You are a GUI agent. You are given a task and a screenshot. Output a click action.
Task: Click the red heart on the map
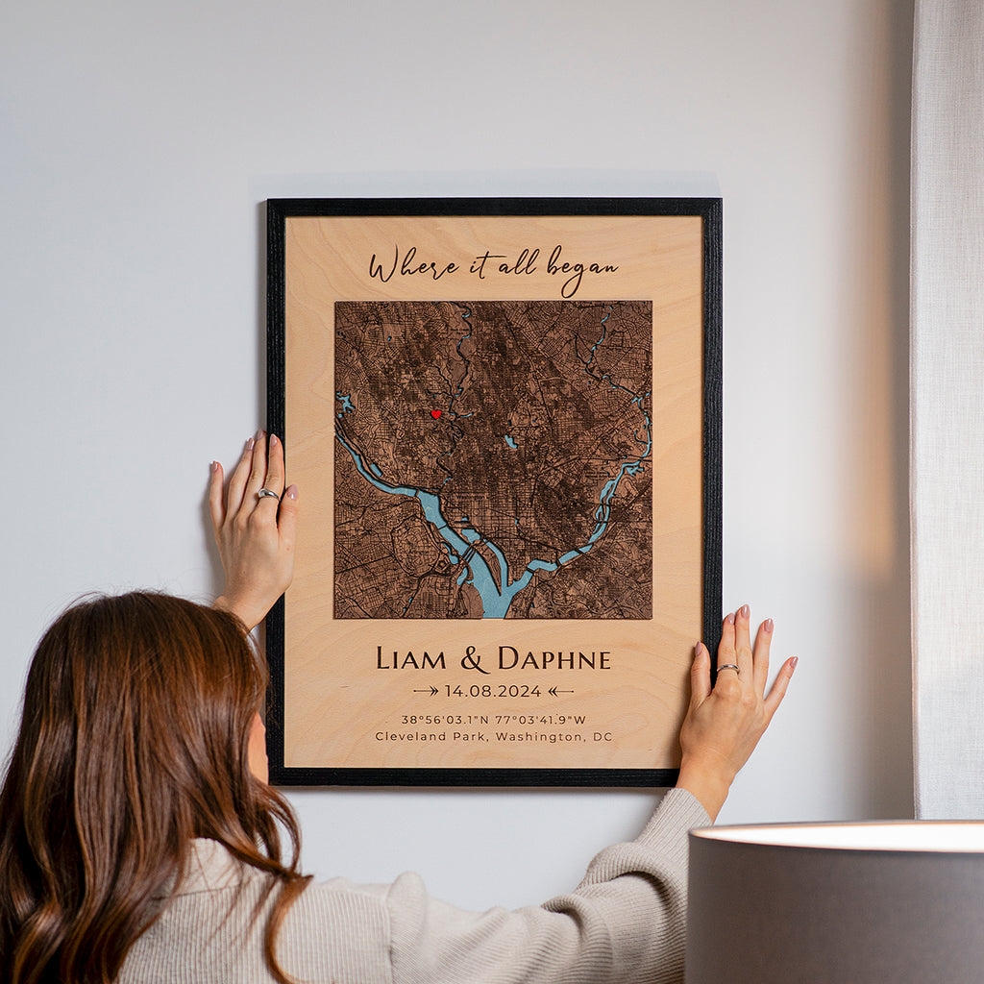point(435,414)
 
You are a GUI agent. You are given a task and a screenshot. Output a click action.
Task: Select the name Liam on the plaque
point(411,659)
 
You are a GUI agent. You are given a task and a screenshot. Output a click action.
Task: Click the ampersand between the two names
point(474,659)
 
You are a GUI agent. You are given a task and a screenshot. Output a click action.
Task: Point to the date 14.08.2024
point(493,691)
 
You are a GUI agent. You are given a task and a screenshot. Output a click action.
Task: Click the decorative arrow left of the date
point(426,691)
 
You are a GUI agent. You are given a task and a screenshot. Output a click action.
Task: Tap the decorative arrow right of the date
point(560,691)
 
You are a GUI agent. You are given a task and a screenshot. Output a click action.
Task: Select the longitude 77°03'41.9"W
point(541,719)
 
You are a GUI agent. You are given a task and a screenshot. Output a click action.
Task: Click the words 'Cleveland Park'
point(422,737)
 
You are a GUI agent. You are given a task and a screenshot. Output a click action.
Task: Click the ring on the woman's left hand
point(267,494)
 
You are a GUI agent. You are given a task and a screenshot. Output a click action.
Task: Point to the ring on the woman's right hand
point(728,668)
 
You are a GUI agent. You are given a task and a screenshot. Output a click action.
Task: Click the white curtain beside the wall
point(947,384)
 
